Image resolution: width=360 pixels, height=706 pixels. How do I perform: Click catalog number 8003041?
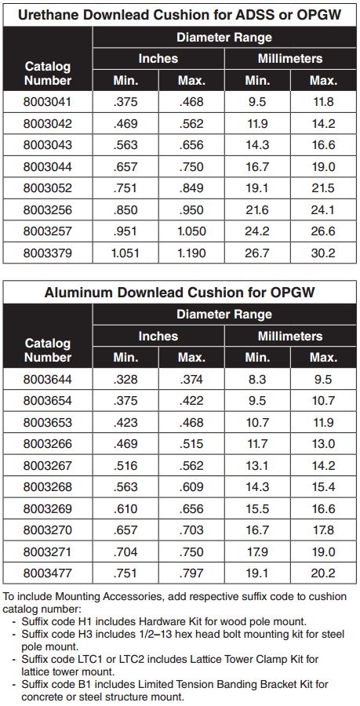[47, 102]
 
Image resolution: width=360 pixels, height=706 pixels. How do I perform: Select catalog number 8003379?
[47, 253]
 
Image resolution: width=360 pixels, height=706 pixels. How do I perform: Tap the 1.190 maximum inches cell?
[191, 253]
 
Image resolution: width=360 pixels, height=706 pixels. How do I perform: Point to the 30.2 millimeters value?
[323, 253]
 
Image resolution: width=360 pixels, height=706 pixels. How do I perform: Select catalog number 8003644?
[47, 380]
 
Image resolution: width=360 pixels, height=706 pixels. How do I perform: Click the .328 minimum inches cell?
[125, 380]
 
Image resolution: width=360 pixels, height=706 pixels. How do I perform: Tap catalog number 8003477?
[47, 573]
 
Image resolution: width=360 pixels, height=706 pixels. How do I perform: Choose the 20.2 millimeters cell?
[323, 573]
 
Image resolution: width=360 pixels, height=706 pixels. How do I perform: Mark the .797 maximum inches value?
[191, 573]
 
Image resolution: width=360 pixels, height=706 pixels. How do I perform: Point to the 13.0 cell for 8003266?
[323, 444]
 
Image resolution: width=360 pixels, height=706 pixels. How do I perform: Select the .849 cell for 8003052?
[191, 188]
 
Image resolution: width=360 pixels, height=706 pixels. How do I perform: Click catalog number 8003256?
[47, 209]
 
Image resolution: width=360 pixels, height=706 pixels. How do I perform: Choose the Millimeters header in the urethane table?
[289, 59]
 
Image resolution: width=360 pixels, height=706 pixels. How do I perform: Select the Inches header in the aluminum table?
[158, 336]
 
